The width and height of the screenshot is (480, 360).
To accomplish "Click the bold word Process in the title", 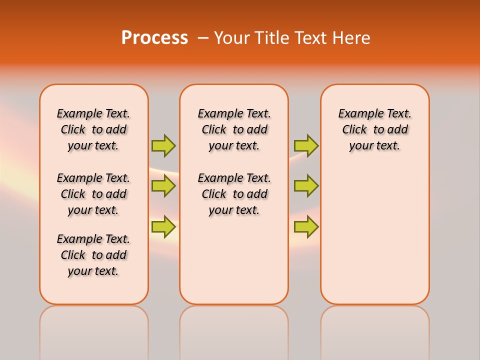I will point(154,38).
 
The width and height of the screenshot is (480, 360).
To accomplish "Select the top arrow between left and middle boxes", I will point(163,145).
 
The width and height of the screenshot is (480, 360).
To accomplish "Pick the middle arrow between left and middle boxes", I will point(163,186).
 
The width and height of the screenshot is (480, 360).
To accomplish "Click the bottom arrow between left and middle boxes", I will point(163,227).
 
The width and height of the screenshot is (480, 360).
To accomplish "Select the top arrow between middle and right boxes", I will point(306,145).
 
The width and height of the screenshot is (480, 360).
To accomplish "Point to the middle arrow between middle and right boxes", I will point(306,186).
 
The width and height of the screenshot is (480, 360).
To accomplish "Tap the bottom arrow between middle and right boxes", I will point(306,227).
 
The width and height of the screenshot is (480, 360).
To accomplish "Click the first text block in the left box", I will point(93,129).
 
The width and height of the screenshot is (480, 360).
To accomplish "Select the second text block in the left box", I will point(93,194).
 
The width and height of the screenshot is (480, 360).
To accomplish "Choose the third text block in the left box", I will point(93,255).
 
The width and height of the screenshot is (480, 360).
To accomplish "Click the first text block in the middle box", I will point(234,129).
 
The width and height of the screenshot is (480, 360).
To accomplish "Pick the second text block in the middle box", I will point(234,194).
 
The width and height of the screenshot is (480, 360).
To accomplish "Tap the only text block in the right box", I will point(375,129).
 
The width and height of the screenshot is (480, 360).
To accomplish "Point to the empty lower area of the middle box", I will point(234,260).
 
